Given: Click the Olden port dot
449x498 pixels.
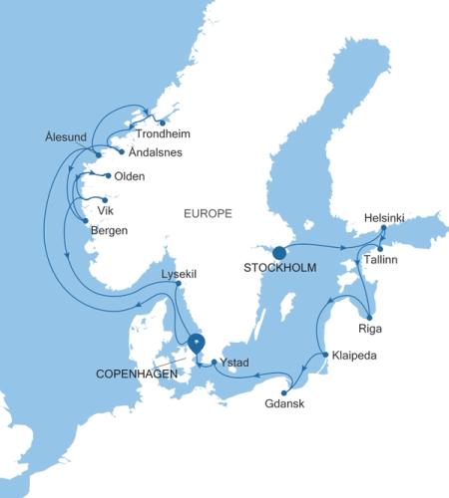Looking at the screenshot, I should tap(107, 176).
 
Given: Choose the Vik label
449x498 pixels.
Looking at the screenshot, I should tap(105, 211).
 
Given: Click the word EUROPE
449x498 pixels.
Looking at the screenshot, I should tap(208, 213).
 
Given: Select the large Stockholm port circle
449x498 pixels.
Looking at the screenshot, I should tap(280, 252).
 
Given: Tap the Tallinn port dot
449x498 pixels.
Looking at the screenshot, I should tap(381, 248).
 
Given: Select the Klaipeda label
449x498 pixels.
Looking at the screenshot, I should tap(356, 354).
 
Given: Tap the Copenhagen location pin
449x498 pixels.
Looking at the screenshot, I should tap(197, 342).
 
